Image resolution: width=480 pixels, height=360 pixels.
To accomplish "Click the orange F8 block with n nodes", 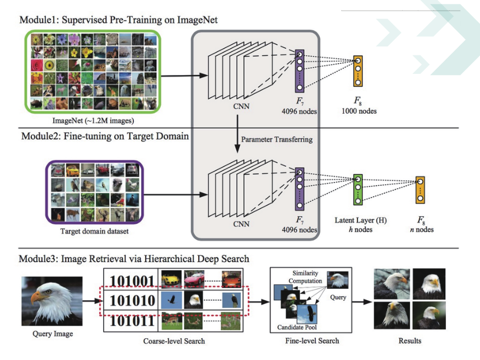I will click(420, 190).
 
